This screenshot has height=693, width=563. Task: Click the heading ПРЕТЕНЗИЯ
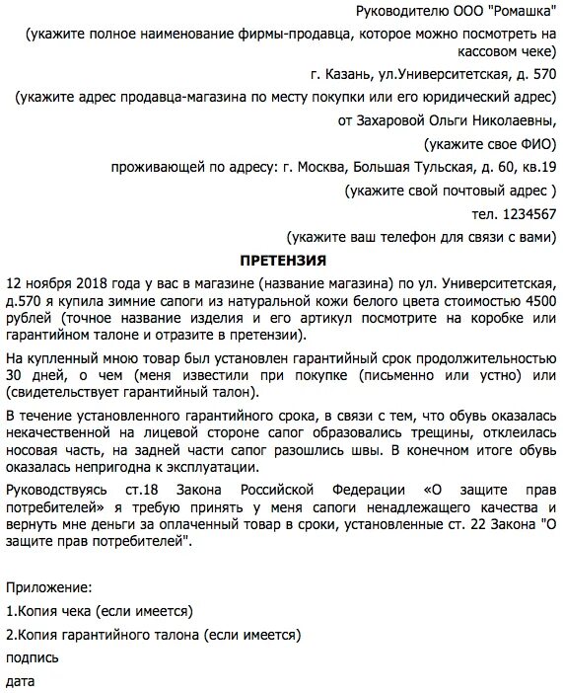click(x=284, y=261)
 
